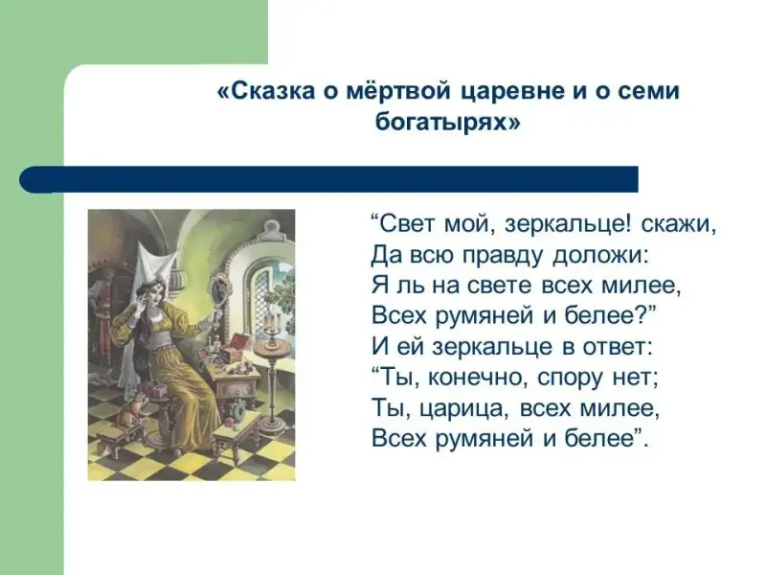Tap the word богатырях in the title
click(442, 122)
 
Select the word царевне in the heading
click(513, 92)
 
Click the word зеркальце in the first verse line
click(569, 225)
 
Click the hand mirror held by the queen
click(217, 288)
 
